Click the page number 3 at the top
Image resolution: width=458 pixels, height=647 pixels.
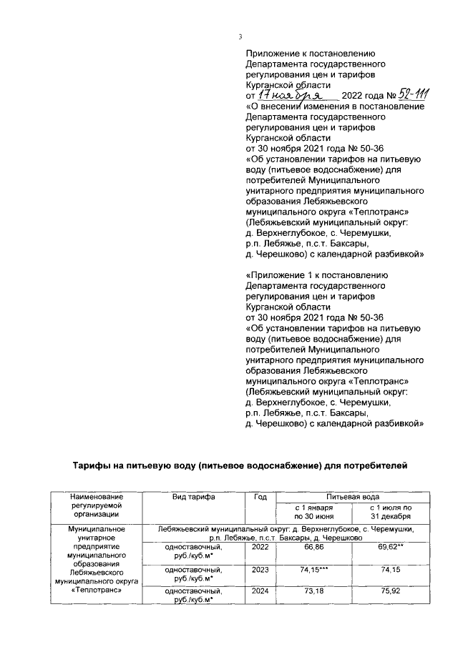click(241, 38)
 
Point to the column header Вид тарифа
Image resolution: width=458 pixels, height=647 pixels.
click(193, 496)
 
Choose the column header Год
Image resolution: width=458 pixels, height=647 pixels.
click(260, 496)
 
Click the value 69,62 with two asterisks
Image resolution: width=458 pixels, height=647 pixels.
click(391, 547)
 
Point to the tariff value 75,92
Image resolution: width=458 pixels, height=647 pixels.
click(391, 593)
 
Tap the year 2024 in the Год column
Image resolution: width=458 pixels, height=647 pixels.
click(260, 593)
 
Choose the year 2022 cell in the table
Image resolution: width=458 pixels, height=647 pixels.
click(260, 547)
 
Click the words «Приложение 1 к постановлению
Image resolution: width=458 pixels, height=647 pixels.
click(316, 275)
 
